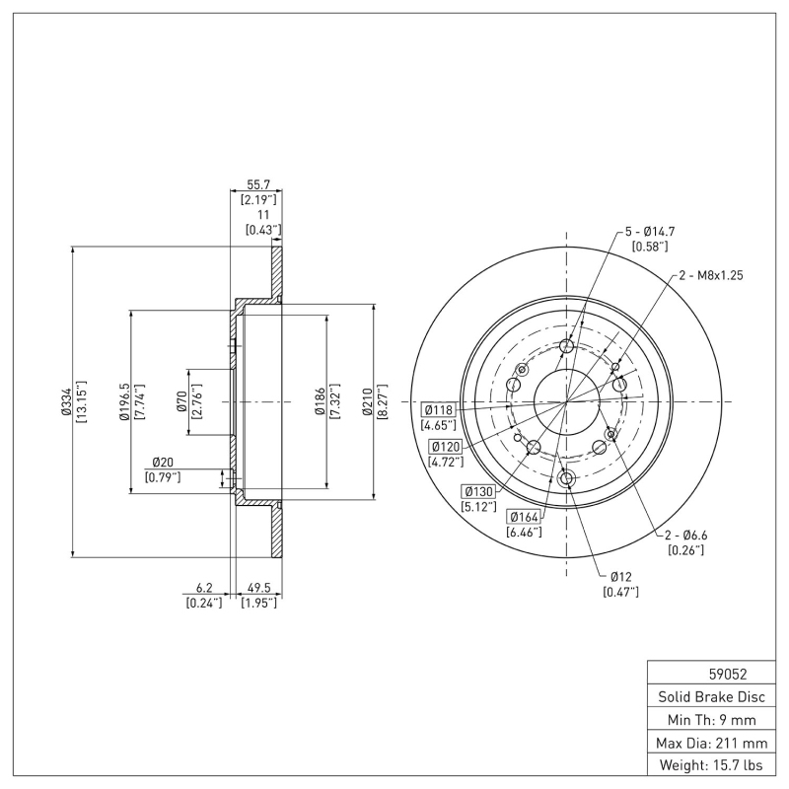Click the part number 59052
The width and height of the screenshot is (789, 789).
[x=728, y=675]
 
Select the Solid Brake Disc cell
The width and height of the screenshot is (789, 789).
[x=710, y=696]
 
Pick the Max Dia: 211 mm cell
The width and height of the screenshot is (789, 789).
[x=710, y=742]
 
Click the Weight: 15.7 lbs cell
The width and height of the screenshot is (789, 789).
[x=710, y=764]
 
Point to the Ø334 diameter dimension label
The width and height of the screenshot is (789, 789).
[x=66, y=402]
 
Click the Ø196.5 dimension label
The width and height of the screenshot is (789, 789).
[x=124, y=402]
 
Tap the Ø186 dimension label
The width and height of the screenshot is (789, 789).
[x=320, y=402]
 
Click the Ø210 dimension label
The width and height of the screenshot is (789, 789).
[x=367, y=402]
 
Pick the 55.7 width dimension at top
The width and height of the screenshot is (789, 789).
[x=257, y=184]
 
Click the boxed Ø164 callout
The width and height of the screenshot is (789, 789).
[x=524, y=516]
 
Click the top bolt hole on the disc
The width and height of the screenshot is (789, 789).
[x=566, y=346]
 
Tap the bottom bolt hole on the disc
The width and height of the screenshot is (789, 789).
[x=566, y=478]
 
